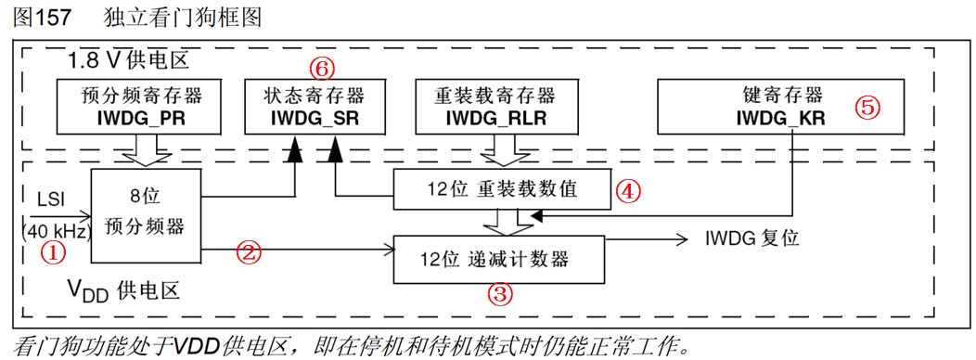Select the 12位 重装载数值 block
[501, 190]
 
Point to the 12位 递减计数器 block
[499, 259]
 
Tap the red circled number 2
[248, 251]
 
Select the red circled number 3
[500, 295]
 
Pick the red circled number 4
[628, 191]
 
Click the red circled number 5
[866, 107]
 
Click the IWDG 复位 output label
[752, 238]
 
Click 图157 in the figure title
[42, 18]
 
